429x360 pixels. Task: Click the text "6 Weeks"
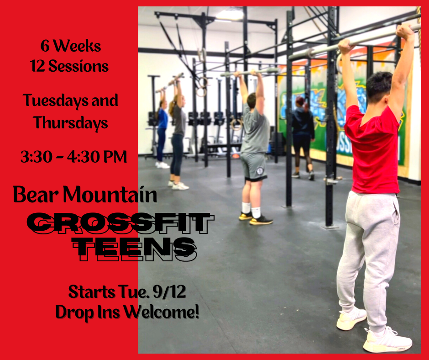coord(71,46)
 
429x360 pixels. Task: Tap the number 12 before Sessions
coord(37,66)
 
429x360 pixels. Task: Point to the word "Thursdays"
coord(71,123)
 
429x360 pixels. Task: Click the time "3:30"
coord(37,157)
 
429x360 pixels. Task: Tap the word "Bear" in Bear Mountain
coord(36,194)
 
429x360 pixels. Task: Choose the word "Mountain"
coord(110,194)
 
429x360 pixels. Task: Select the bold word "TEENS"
coord(135,248)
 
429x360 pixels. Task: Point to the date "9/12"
coord(170,292)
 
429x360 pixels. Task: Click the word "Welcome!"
coord(161,312)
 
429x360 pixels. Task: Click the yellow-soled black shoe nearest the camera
coord(261,221)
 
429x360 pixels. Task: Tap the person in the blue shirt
coord(162,129)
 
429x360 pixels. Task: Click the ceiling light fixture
coord(230,15)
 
